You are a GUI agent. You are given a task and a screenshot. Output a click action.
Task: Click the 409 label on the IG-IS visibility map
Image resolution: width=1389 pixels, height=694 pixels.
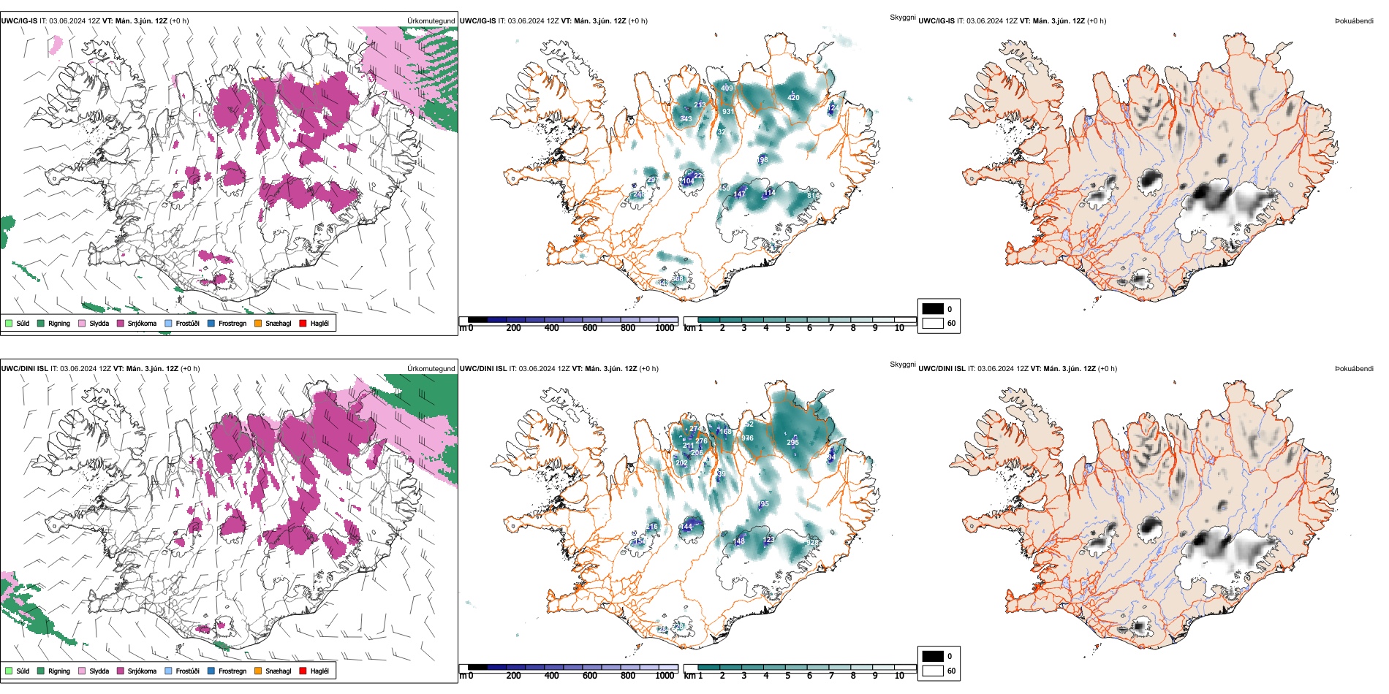point(727,88)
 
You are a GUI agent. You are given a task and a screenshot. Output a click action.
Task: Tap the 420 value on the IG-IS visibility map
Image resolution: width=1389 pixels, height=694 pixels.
point(793,97)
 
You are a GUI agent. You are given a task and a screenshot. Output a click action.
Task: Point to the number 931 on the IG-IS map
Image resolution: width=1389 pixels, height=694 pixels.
point(728,112)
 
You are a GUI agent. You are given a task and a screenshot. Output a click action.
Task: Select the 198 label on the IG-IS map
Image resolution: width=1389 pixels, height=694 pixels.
point(762,160)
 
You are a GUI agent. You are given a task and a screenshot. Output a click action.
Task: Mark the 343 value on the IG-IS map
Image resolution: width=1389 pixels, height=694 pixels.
point(686,119)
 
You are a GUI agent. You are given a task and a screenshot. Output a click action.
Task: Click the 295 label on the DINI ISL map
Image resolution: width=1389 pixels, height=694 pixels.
point(792,442)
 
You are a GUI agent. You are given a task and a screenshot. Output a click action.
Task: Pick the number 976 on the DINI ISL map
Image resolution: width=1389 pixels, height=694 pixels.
point(747,438)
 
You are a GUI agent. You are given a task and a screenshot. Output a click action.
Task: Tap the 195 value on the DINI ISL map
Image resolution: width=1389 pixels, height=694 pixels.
point(763,504)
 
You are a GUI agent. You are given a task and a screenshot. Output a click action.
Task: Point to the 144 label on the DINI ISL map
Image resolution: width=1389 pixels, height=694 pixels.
point(686,527)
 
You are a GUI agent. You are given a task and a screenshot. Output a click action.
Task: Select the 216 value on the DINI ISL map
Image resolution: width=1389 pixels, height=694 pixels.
point(652,527)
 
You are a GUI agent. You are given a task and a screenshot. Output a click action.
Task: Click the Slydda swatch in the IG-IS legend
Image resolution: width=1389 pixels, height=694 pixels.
point(82,324)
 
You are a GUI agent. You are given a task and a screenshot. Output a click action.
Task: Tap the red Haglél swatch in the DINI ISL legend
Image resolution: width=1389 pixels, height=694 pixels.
point(303,671)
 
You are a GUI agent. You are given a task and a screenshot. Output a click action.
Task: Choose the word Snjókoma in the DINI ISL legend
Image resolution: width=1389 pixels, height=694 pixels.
point(142,671)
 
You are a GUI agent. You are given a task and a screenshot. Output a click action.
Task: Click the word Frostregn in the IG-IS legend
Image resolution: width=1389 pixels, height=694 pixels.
point(232,324)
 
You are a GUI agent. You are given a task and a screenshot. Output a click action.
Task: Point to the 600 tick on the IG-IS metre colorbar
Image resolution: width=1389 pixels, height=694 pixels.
point(590,328)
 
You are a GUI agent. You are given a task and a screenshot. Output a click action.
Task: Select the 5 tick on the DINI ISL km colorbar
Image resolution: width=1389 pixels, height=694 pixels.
point(788,676)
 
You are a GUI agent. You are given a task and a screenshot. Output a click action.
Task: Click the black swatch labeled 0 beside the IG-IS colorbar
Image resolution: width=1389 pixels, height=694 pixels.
point(933,309)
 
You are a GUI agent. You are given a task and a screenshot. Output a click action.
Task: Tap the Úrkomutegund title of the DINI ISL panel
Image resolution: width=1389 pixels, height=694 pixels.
point(431,369)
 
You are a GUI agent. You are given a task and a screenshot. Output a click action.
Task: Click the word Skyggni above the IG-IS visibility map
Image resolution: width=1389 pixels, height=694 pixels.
point(902,17)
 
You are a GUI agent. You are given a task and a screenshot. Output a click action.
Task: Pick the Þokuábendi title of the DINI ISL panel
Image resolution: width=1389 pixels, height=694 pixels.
point(1354,369)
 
